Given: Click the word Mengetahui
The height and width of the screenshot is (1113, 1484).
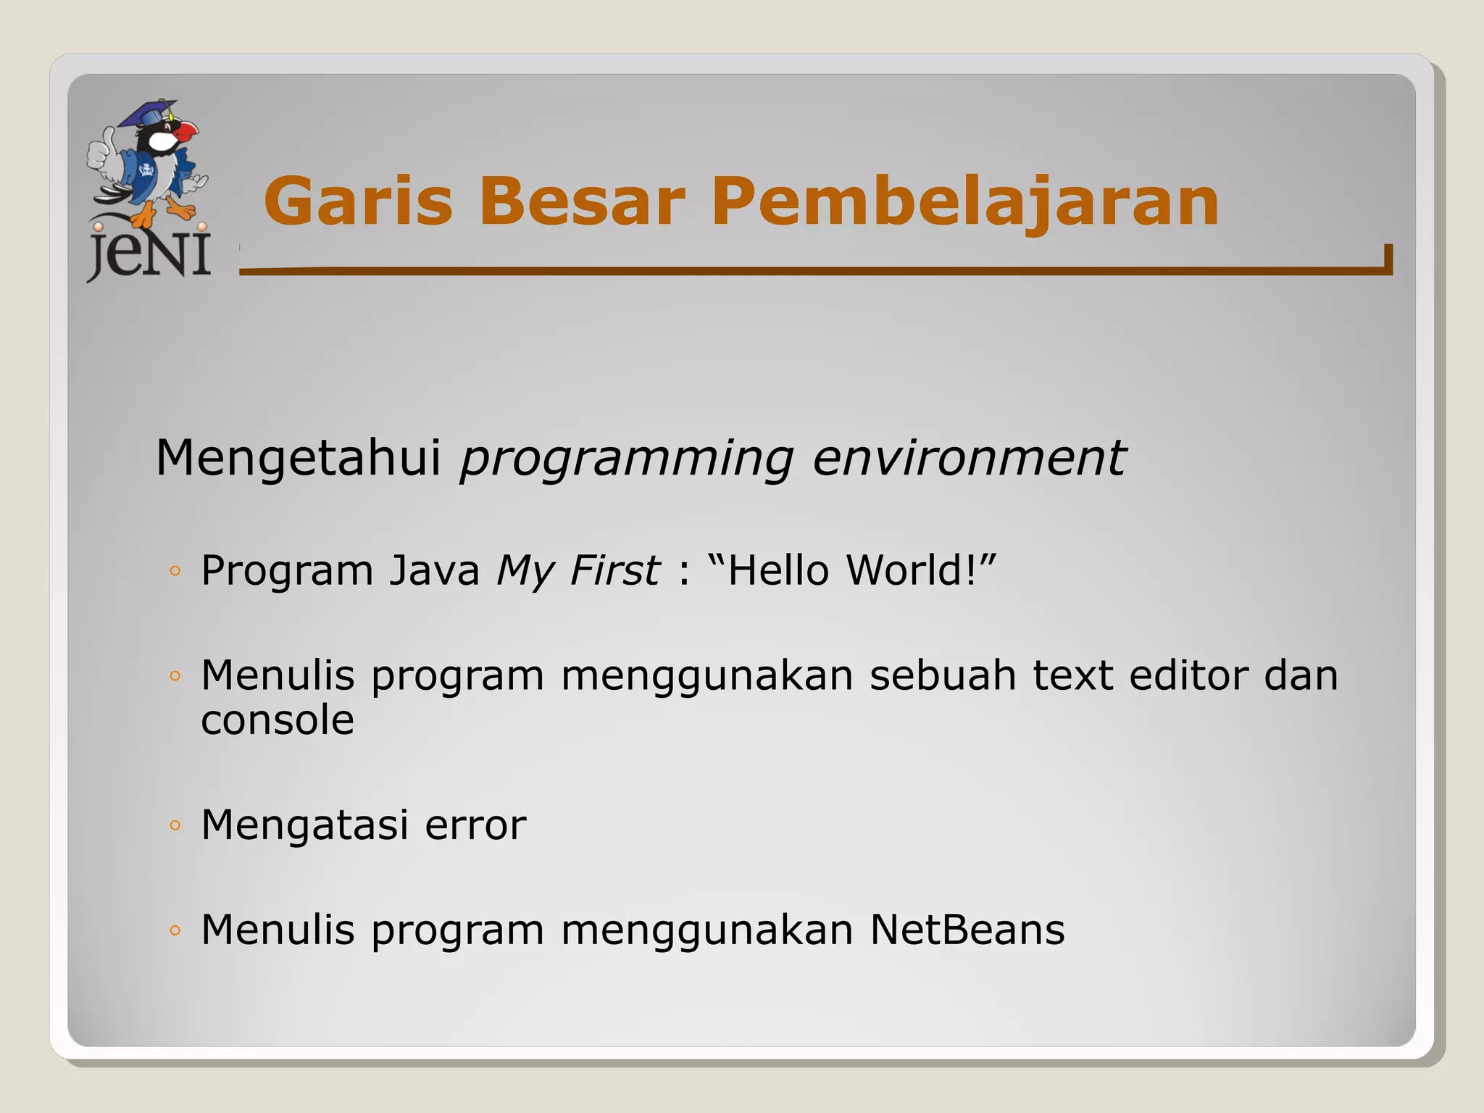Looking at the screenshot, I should point(298,458).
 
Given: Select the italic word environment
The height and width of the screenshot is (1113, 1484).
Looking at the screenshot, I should point(969,458).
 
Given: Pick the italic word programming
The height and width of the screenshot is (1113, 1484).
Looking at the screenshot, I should point(627,459).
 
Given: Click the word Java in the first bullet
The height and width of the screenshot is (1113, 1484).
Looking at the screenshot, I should point(434,570).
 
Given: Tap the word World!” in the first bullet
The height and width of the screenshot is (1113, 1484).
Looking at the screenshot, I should point(922,570).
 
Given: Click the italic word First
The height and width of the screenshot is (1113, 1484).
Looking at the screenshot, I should point(614,570).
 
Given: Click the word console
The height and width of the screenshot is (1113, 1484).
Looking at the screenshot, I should point(278,720).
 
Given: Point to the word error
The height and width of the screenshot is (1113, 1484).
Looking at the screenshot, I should point(475,825).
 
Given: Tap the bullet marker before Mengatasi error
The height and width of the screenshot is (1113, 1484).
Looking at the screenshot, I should point(174,825).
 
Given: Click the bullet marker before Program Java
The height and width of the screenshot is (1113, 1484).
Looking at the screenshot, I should point(174,571).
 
